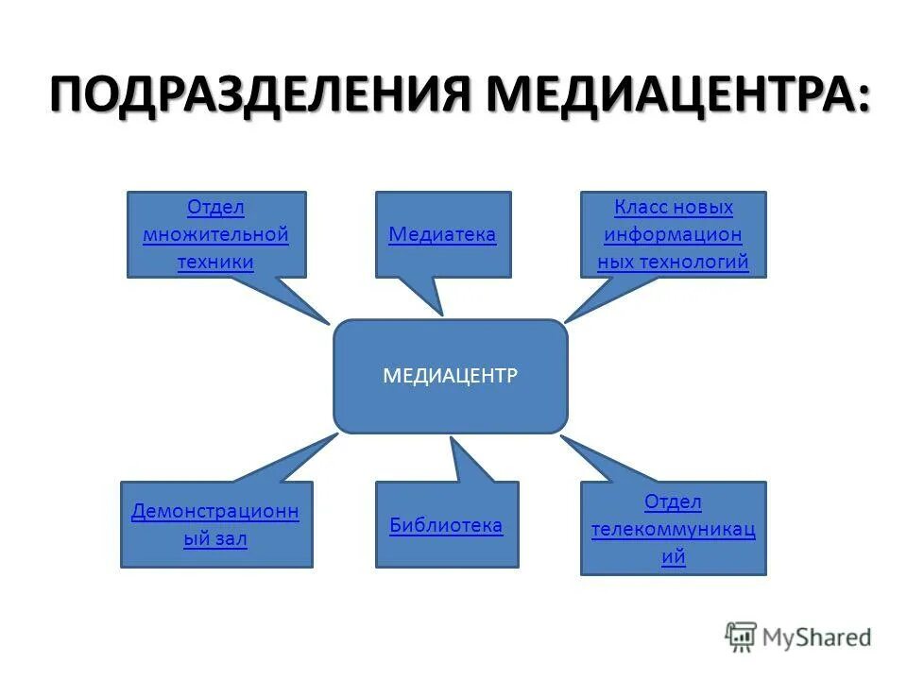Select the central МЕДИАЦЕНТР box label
pos(450,376)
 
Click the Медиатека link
pos(442,234)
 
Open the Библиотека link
pos(446,525)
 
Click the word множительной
pos(215,234)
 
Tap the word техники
pos(215,262)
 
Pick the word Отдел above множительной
pos(215,207)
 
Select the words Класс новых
pos(673,207)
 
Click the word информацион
pos(673,234)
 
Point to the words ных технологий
pos(673,262)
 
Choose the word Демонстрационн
pos(215,512)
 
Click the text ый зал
pos(215,540)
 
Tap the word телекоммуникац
pos(673,529)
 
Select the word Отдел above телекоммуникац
pos(673,501)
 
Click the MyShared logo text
pos(818,637)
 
